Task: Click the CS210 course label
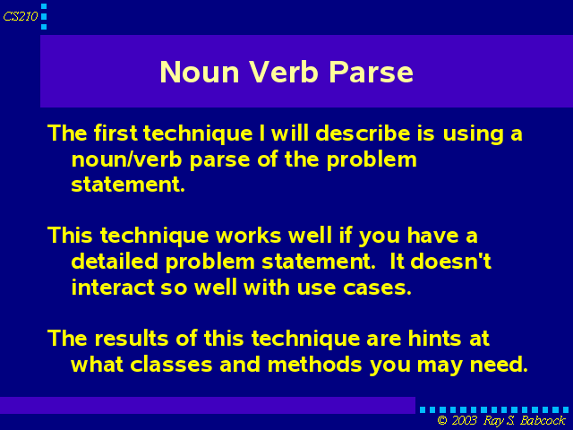(21, 16)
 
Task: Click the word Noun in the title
(200, 72)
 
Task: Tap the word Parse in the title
(372, 72)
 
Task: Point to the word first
(115, 133)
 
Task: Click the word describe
(363, 133)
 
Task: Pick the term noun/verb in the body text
(126, 159)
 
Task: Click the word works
(249, 235)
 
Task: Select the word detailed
(115, 262)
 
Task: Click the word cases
(377, 288)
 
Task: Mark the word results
(132, 339)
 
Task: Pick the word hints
(435, 339)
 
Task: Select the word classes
(171, 365)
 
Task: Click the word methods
(314, 365)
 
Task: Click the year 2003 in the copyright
(464, 420)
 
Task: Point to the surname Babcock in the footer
(543, 420)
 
